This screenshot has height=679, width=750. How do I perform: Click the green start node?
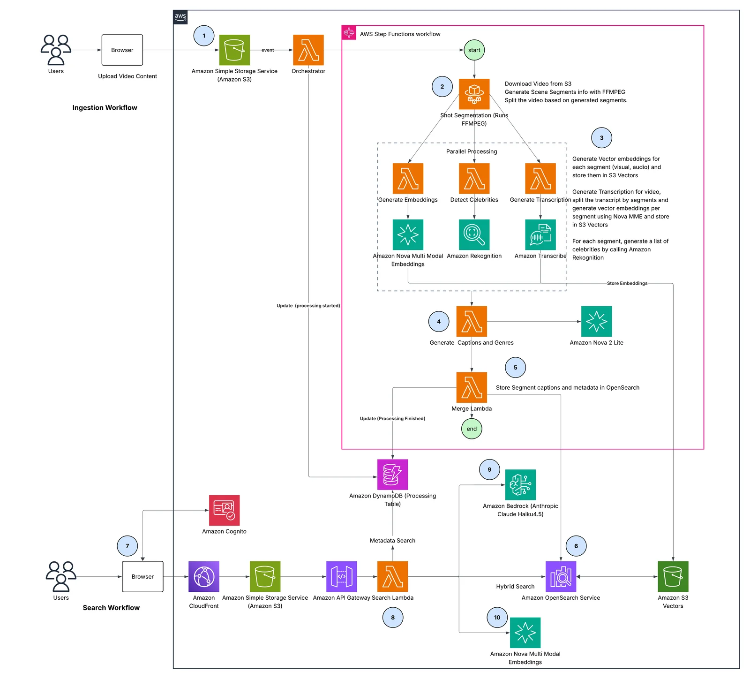474,50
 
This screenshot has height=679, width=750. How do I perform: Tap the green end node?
472,429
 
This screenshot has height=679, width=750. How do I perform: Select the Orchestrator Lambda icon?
308,50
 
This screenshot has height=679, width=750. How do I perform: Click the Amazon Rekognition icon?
474,235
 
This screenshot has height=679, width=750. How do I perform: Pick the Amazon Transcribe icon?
540,235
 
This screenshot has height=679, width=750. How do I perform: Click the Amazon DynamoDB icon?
393,475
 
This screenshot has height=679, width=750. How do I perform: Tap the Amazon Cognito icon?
224,510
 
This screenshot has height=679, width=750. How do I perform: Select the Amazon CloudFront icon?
204,577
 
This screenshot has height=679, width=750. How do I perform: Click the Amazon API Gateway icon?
342,577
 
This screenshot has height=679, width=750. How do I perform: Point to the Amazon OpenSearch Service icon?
561,577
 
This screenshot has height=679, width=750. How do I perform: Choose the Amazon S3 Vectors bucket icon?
673,577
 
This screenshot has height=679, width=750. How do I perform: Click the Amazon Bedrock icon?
520,485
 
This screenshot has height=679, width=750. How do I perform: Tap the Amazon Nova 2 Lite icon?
597,322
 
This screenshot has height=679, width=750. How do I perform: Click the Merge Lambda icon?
472,387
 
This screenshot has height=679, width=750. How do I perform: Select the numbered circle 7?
127,546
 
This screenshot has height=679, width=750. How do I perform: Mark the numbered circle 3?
602,138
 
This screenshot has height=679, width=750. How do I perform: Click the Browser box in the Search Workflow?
142,577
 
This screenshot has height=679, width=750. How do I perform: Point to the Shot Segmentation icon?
474,94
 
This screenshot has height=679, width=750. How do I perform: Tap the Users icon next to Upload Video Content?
56,50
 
